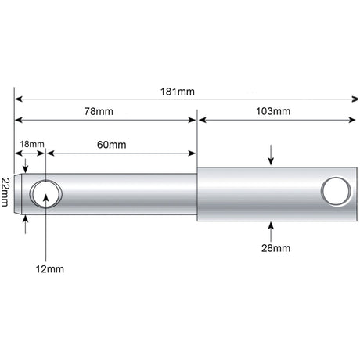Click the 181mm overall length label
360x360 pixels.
178,92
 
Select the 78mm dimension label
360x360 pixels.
99,111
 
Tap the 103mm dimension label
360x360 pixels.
273,111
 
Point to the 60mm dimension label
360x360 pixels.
112,145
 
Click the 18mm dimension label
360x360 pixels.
32,144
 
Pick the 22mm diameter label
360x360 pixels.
5,193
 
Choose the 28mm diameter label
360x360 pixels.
276,248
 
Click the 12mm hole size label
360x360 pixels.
50,269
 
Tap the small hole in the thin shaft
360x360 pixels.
46,194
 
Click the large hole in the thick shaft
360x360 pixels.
337,191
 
